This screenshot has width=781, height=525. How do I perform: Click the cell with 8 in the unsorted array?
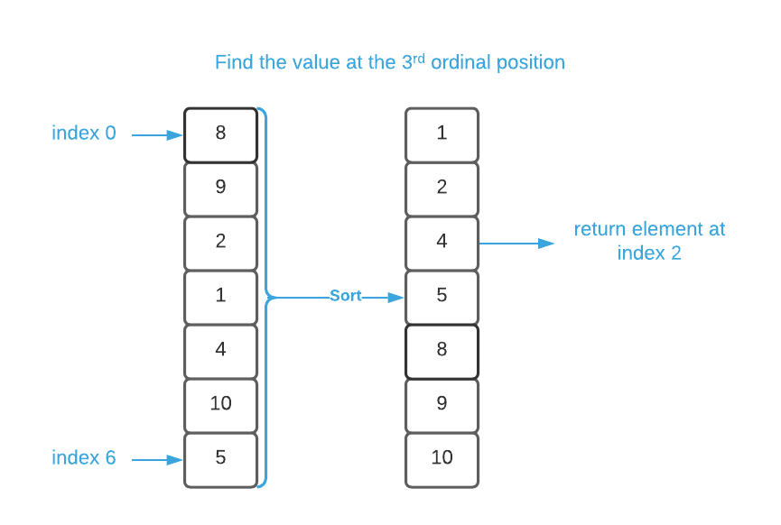coord(220,134)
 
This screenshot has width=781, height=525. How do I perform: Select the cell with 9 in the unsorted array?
coord(220,189)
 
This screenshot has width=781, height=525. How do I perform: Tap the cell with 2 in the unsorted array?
coord(220,243)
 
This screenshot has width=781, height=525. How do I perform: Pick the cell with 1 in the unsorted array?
coord(220,297)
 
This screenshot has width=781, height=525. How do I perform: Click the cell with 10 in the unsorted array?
coord(220,405)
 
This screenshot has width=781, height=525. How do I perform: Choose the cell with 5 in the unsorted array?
coord(220,459)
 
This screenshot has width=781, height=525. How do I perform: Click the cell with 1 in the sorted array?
coord(442,134)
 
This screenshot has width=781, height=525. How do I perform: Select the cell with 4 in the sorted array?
coord(442,243)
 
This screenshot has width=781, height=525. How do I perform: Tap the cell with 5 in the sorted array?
coord(442,297)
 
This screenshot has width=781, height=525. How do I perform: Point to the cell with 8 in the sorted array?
coord(442,351)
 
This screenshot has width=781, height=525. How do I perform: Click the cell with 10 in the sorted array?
coord(442,459)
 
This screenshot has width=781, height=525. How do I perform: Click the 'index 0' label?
coord(84,134)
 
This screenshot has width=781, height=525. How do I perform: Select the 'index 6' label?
coord(84,458)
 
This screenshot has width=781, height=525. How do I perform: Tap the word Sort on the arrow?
coord(345,296)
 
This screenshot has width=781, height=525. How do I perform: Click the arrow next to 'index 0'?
coord(158,135)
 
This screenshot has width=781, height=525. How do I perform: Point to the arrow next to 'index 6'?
coord(158,460)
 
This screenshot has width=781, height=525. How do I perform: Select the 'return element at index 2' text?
coord(649,241)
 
